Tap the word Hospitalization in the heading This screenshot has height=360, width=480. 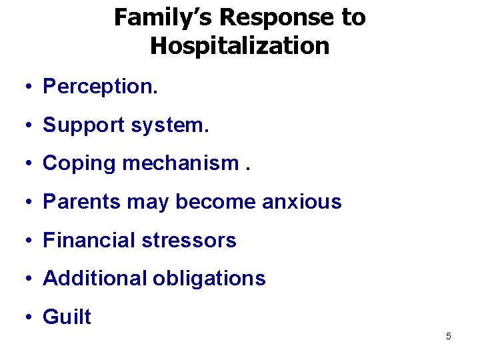[x=240, y=46]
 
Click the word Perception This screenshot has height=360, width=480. [x=100, y=87]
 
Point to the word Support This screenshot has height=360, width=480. [x=83, y=125]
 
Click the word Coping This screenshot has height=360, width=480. [x=79, y=163]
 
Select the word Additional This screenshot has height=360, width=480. [x=94, y=278]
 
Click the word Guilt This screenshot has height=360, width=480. [x=67, y=317]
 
